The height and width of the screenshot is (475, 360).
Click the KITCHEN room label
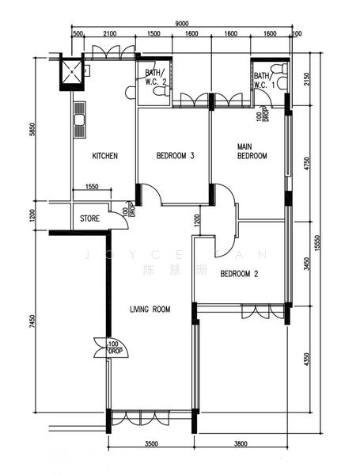tap(104, 156)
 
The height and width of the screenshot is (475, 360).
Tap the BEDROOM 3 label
tap(175, 156)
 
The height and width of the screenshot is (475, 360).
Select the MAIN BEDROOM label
tap(252, 151)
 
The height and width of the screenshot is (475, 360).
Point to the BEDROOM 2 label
tap(240, 274)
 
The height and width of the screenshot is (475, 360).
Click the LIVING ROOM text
tap(150, 310)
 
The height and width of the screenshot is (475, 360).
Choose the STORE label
tap(89, 218)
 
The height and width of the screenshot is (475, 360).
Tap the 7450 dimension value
tap(32, 324)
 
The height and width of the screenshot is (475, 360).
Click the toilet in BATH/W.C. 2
tap(161, 93)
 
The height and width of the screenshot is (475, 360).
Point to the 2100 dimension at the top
tap(110, 34)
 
